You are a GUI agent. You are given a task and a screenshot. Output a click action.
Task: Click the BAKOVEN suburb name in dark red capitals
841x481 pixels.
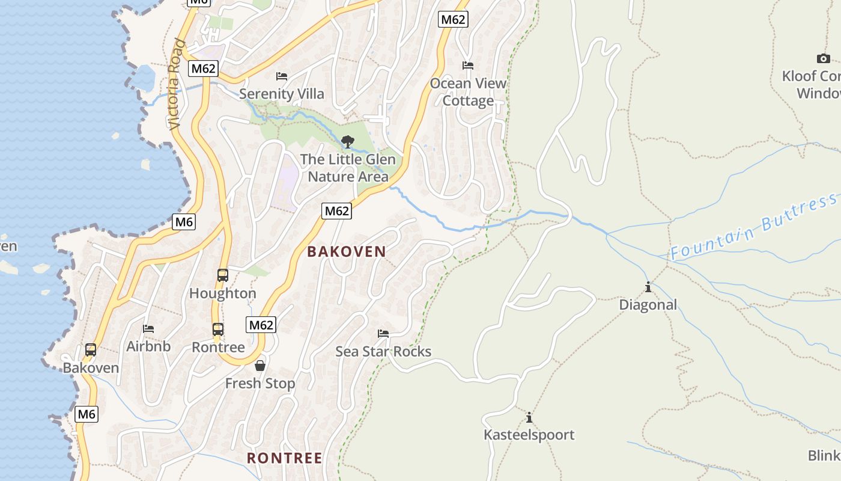tap(347, 251)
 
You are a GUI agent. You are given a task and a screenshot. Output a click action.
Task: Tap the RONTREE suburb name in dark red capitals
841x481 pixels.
tap(285, 458)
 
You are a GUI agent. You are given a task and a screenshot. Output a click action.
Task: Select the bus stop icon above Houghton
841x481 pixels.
tap(222, 275)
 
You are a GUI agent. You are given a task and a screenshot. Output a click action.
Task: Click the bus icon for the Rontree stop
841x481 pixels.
tap(218, 329)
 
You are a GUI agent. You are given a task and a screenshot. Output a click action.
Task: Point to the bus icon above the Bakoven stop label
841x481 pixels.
tap(91, 350)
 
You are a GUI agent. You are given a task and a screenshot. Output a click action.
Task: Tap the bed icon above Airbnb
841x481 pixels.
tap(148, 329)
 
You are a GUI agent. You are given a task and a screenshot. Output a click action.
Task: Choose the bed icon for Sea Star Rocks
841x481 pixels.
tap(383, 334)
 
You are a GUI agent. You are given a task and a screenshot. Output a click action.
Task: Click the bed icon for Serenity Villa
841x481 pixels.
tap(282, 76)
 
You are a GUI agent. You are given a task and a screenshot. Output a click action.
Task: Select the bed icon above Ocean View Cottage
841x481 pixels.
tap(468, 66)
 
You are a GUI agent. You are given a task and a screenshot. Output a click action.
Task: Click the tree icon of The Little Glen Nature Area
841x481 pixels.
tap(347, 142)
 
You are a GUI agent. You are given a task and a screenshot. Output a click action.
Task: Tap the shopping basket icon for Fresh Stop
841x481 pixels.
tap(260, 366)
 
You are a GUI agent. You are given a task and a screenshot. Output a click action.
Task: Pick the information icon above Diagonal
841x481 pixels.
tap(648, 287)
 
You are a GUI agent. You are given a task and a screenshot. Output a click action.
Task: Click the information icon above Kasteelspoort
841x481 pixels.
tap(529, 417)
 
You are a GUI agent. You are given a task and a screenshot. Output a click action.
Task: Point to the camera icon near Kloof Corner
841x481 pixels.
tap(824, 58)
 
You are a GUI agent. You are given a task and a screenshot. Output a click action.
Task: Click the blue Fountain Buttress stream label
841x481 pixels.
tap(754, 227)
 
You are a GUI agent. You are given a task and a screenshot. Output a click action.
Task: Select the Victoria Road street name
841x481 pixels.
tap(175, 84)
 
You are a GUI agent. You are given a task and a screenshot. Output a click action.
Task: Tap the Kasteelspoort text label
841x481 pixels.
tap(529, 435)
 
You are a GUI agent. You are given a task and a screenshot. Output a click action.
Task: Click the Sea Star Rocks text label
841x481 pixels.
tap(383, 351)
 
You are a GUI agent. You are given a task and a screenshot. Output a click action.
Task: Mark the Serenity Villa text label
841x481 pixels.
tap(282, 94)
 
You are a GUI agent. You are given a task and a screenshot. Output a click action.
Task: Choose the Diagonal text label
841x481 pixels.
tap(648, 305)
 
